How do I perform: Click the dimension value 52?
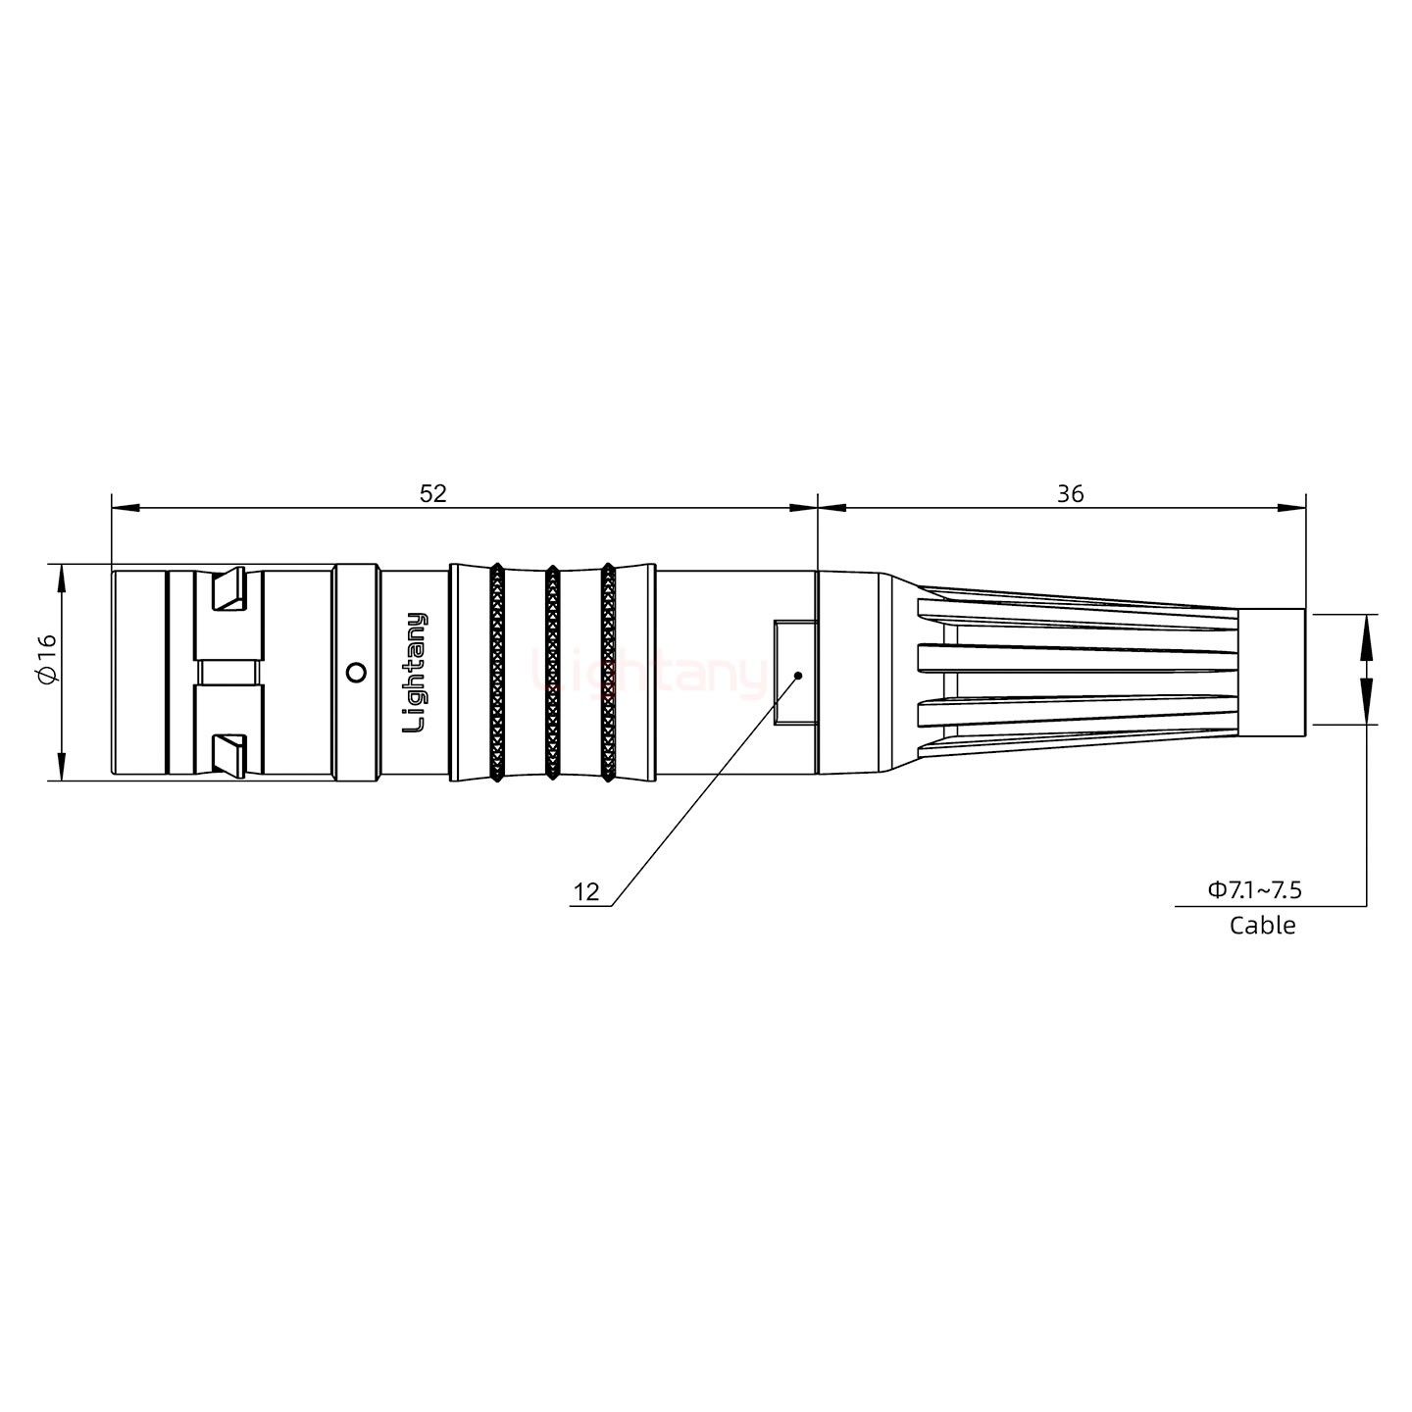click(x=432, y=493)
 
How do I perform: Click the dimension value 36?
click(x=1070, y=493)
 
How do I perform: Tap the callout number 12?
click(x=585, y=892)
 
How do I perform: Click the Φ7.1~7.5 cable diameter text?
click(x=1254, y=889)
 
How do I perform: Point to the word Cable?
click(x=1262, y=926)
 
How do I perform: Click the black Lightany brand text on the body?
click(x=416, y=673)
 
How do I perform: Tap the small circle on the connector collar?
click(x=357, y=673)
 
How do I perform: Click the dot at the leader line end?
click(x=798, y=675)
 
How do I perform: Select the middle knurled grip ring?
click(x=552, y=673)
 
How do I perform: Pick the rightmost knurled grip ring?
click(x=608, y=673)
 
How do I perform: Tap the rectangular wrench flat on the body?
click(x=793, y=673)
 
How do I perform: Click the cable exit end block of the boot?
click(x=1271, y=673)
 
